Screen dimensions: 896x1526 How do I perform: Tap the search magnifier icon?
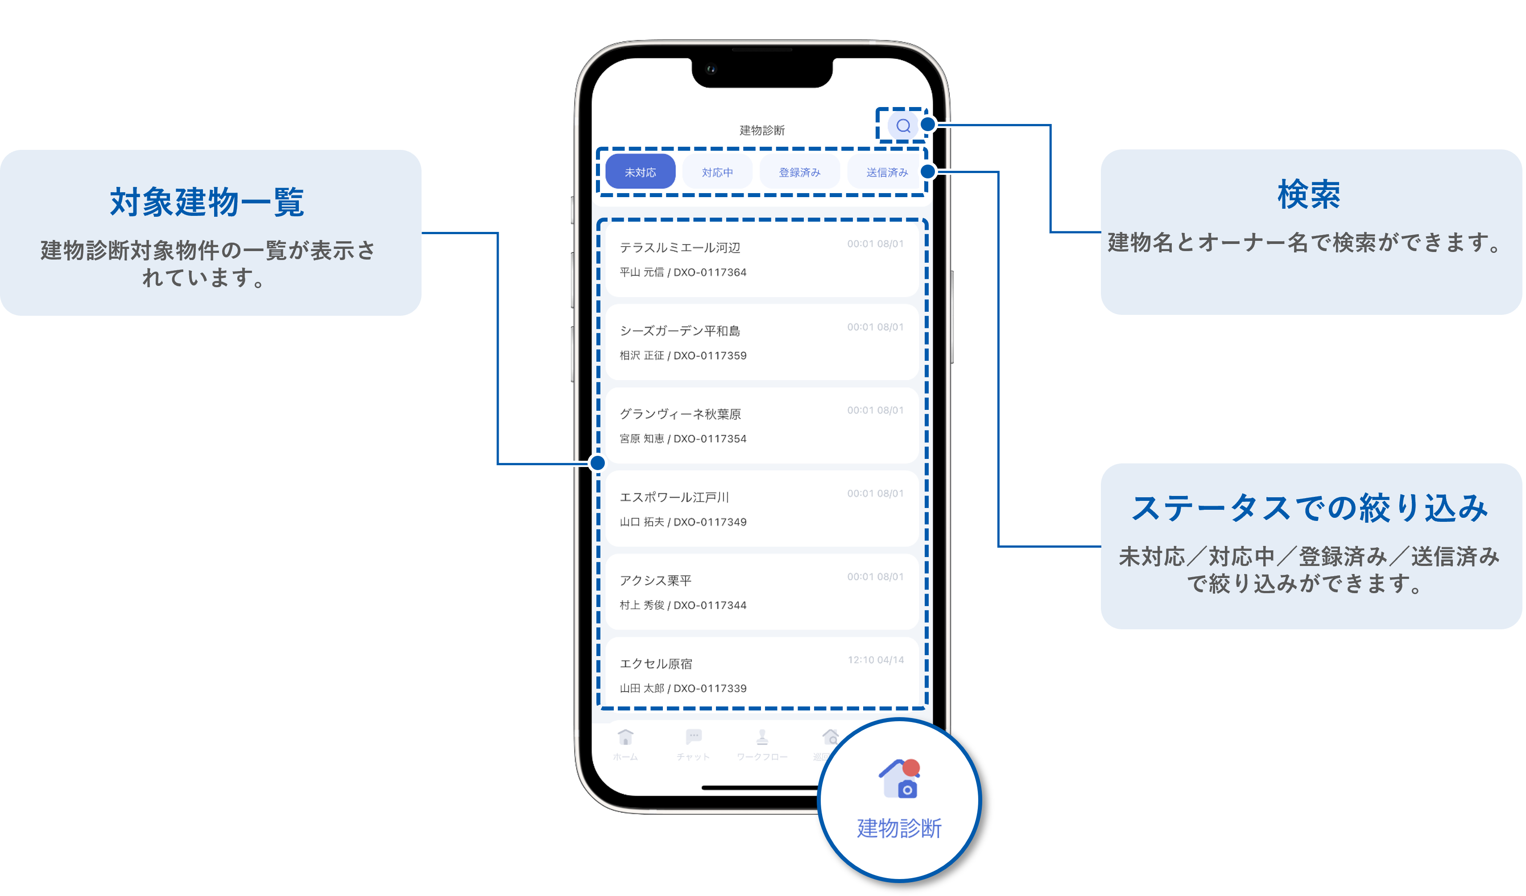[903, 126]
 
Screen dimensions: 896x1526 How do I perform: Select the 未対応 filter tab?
[640, 173]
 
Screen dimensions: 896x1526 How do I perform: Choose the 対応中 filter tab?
[717, 173]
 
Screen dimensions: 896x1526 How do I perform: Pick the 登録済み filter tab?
[799, 173]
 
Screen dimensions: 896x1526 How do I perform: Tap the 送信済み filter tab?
[886, 173]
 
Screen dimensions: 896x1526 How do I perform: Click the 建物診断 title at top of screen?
[762, 130]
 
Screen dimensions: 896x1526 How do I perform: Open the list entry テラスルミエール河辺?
[679, 248]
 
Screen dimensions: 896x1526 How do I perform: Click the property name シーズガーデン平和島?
[679, 330]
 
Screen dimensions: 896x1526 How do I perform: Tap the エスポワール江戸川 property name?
[674, 497]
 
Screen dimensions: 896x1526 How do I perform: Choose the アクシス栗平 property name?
[655, 581]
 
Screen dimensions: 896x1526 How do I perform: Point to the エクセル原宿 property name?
[656, 664]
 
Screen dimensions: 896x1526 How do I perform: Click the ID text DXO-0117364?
[710, 273]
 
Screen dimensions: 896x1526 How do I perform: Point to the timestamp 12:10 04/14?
[875, 660]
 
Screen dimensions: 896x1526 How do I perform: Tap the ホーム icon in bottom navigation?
[625, 737]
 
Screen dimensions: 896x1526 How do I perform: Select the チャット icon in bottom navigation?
[693, 737]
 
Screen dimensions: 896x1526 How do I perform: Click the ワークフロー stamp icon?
[762, 737]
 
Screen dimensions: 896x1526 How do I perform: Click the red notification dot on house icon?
[911, 768]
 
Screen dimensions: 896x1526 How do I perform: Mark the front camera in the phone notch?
[711, 70]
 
